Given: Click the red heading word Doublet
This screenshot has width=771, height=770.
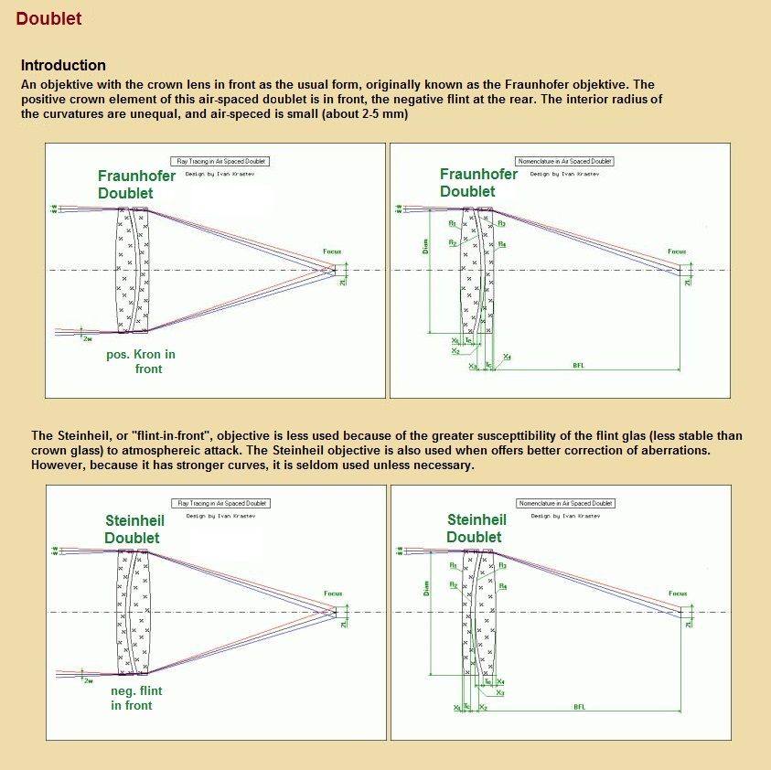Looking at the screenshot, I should pos(48,18).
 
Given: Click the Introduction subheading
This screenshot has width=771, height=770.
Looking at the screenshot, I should pos(63,66).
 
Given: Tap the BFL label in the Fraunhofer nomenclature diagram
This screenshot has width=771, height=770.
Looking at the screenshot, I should pos(578,365).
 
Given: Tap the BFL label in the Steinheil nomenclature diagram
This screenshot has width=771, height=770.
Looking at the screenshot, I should pos(580,707).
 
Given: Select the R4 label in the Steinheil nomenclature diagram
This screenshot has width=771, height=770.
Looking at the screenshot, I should pos(504,586).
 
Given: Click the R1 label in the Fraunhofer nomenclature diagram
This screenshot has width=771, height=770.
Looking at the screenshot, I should pos(453,223).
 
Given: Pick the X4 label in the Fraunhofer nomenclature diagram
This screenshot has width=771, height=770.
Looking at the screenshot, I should pos(508,357).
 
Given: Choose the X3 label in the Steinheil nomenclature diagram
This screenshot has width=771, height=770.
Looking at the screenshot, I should pos(500,693).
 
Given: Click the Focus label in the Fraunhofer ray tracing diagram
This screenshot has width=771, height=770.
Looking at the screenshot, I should pos(333,251).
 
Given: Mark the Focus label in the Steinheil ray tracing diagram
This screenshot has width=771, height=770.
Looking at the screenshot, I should pos(334,594).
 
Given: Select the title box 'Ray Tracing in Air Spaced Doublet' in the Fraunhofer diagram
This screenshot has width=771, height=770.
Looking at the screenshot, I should pos(221,161).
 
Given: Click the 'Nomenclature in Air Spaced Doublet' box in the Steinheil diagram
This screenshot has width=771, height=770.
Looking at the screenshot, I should pos(564,504).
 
